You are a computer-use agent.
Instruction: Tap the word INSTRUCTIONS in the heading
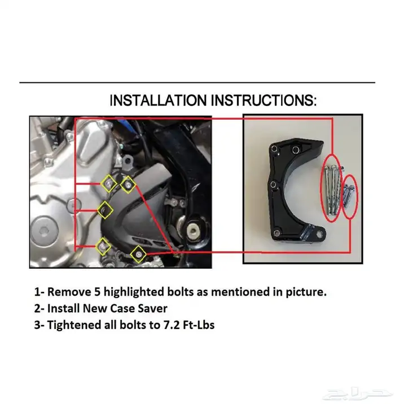pos(264,100)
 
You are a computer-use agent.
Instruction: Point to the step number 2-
pos(39,309)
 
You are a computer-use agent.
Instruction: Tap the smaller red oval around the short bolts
pos(350,198)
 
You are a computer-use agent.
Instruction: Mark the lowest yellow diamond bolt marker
pos(138,254)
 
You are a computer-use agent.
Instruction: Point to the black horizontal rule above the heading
pos(197,83)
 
